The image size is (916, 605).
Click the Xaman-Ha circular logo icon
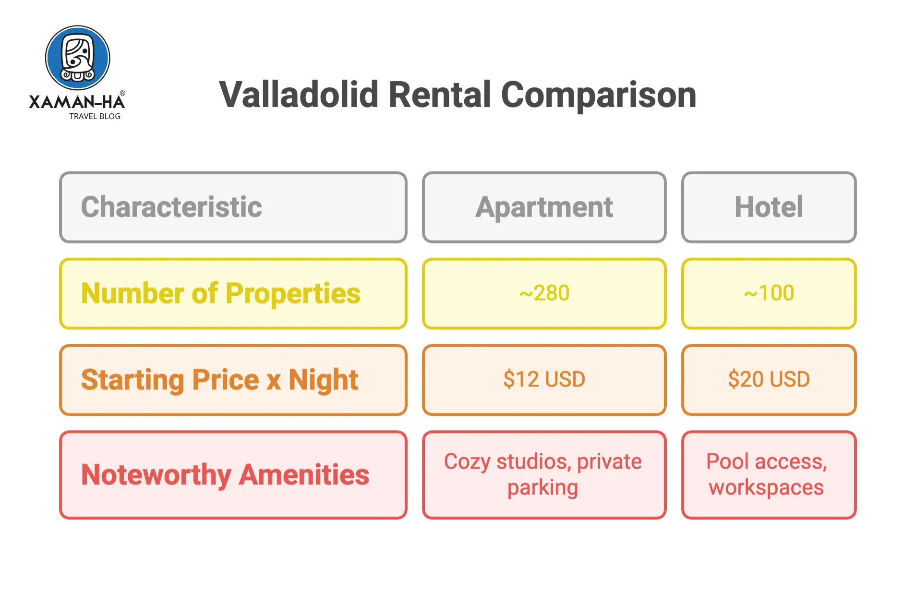[x=77, y=58]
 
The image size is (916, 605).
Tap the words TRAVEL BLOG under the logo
[x=95, y=116]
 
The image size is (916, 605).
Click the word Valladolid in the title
[x=299, y=95]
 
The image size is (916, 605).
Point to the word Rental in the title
[x=440, y=95]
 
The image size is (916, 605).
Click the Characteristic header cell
[x=233, y=207]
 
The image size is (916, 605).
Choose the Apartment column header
[x=544, y=207]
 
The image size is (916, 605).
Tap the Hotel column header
[x=768, y=207]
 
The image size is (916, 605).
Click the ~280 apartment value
[x=544, y=293]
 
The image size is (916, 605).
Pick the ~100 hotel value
[x=768, y=293]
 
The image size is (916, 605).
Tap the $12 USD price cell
[x=544, y=379]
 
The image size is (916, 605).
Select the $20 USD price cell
[x=768, y=379]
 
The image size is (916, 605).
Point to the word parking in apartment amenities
[x=542, y=488]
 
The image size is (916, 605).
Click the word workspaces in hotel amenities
[x=766, y=488]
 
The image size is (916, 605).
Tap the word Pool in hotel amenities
[x=727, y=461]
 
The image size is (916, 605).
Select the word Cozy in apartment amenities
[x=467, y=461]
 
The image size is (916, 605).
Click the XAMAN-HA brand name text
[x=77, y=102]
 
